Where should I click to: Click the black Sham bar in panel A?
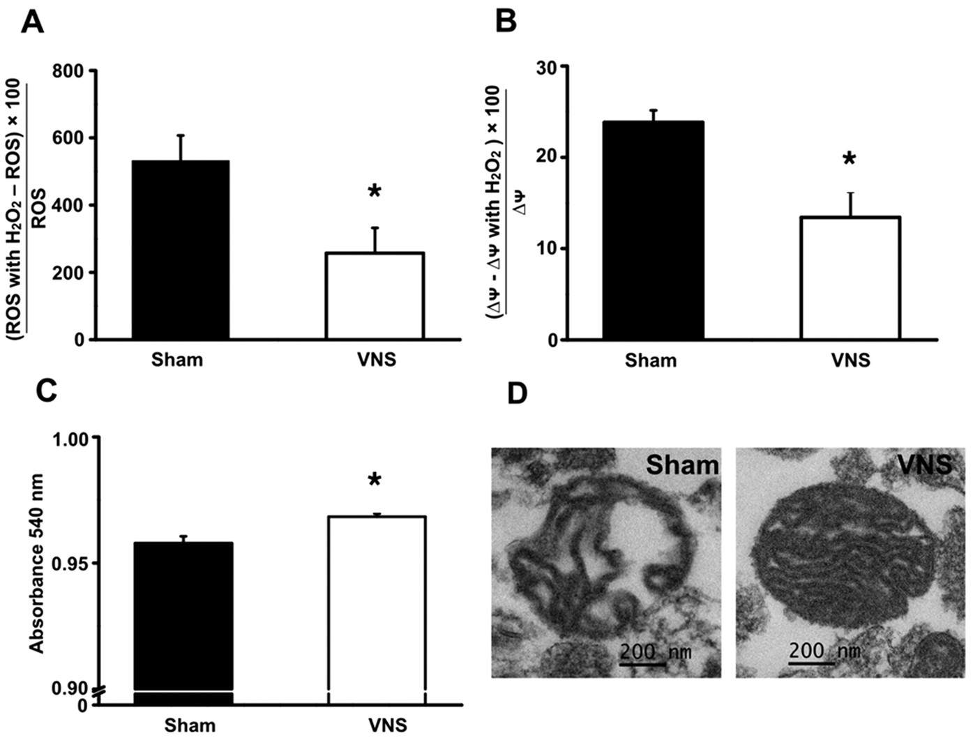coord(181,250)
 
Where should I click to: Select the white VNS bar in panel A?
coord(375,296)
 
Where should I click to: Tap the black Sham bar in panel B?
coord(654,230)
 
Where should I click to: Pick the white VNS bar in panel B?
coord(850,278)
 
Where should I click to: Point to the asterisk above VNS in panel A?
coord(375,192)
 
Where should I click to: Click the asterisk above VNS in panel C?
coord(375,481)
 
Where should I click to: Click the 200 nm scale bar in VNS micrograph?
coord(811,662)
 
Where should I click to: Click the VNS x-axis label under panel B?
coord(850,360)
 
